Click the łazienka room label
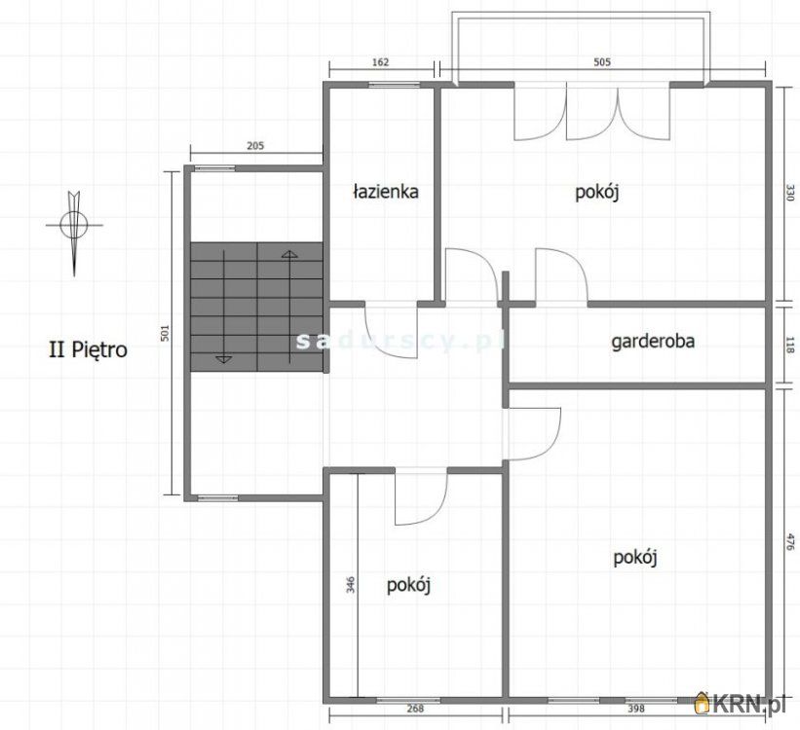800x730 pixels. (386, 192)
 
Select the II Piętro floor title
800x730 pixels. (88, 349)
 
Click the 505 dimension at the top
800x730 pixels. (602, 63)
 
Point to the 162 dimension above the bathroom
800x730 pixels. (381, 63)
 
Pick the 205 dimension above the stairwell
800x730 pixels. (255, 146)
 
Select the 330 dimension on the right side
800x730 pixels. (791, 195)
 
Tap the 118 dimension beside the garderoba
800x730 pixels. (791, 345)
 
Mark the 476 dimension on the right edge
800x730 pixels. (791, 544)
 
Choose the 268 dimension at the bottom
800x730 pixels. (415, 709)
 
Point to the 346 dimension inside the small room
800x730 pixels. (350, 584)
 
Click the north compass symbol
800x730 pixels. (74, 226)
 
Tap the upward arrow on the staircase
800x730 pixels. (289, 255)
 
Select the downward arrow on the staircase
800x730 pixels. (223, 358)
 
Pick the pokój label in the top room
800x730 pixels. (597, 193)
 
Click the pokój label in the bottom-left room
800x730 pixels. (409, 585)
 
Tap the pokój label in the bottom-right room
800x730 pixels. (636, 558)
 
